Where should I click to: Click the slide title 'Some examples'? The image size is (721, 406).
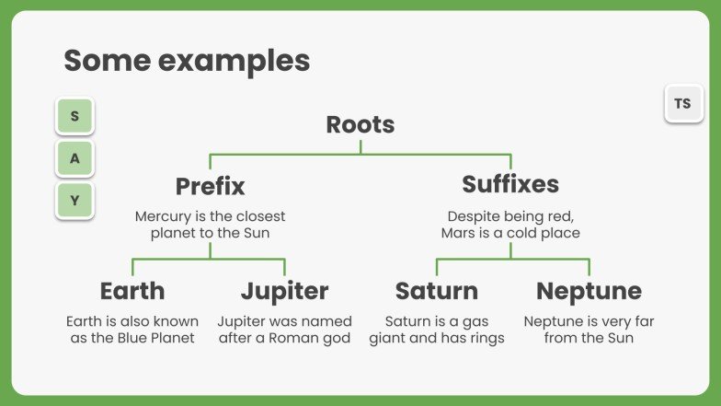[187, 61]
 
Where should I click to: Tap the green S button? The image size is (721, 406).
[74, 117]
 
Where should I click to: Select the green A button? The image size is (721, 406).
[74, 158]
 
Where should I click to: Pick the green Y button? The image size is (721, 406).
[74, 200]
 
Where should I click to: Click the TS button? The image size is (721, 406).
[682, 104]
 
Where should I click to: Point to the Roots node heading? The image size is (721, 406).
[360, 124]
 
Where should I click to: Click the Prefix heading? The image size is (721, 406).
[210, 186]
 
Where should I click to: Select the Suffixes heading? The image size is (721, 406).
[510, 184]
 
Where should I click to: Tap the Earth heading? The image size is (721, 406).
[132, 291]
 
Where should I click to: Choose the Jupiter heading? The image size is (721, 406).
[284, 291]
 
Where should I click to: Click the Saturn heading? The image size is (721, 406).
[437, 291]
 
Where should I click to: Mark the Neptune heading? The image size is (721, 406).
[589, 291]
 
